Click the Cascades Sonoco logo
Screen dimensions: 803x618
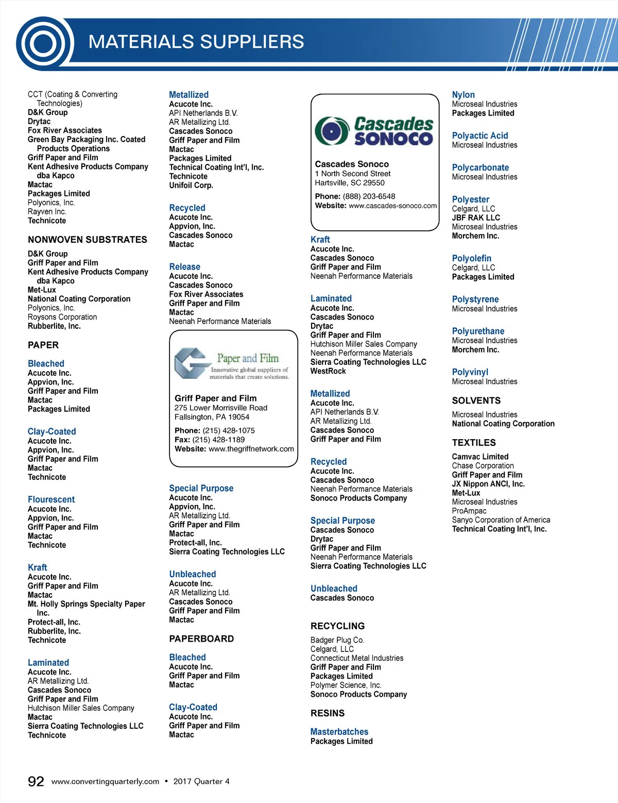374,131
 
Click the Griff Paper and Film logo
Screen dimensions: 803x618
233,363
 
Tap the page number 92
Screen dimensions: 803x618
36,781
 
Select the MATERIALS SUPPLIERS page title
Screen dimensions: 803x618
196,42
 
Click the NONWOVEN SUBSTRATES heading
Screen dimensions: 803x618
88,240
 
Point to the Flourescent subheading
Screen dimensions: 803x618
51,499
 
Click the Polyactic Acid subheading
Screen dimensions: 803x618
480,136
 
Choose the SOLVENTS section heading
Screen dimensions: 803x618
476,400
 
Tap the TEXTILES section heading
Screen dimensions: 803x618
474,443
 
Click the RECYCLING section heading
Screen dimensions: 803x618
337,626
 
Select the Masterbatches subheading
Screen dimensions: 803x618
339,732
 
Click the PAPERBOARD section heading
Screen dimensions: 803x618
201,639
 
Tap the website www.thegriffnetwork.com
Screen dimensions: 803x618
251,449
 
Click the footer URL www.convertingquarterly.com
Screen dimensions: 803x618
106,781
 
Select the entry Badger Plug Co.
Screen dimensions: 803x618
337,640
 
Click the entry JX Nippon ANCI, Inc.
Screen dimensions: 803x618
488,484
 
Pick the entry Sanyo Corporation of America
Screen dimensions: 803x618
501,520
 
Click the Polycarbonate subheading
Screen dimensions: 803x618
480,168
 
